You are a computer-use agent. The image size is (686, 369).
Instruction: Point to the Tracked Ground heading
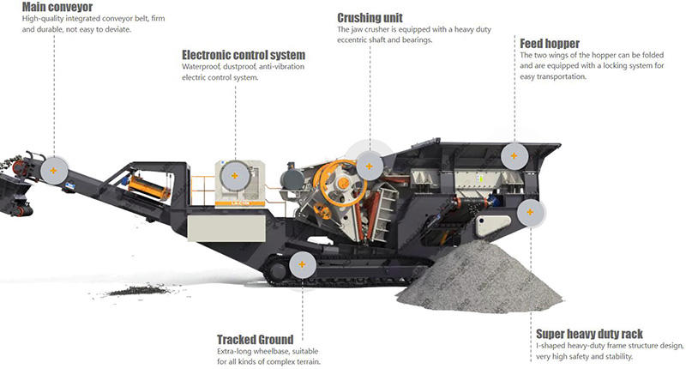pyautogui.click(x=255, y=339)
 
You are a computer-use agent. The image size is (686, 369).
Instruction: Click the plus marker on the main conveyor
pyautogui.click(x=53, y=168)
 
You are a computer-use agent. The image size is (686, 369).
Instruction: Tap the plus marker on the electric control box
pyautogui.click(x=232, y=175)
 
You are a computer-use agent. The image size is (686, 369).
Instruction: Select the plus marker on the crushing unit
pyautogui.click(x=370, y=163)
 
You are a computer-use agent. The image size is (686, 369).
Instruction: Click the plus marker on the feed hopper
pyautogui.click(x=514, y=155)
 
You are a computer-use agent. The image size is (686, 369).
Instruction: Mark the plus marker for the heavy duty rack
pyautogui.click(x=531, y=211)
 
